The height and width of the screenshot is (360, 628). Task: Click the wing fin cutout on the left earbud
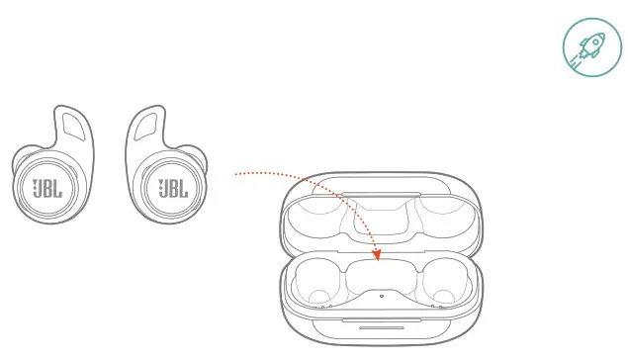coord(70,125)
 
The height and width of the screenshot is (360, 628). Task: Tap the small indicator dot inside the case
coord(381,296)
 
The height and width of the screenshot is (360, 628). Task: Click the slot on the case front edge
coord(379,326)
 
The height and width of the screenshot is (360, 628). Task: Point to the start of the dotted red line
coord(236,174)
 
